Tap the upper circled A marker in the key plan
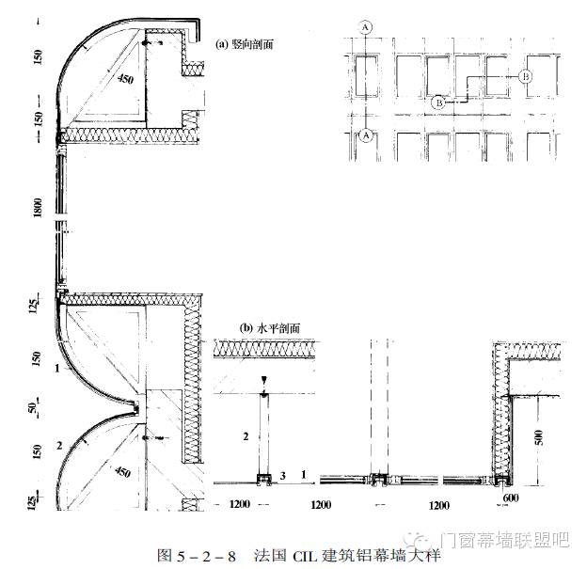(364, 27)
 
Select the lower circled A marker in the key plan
(364, 135)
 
